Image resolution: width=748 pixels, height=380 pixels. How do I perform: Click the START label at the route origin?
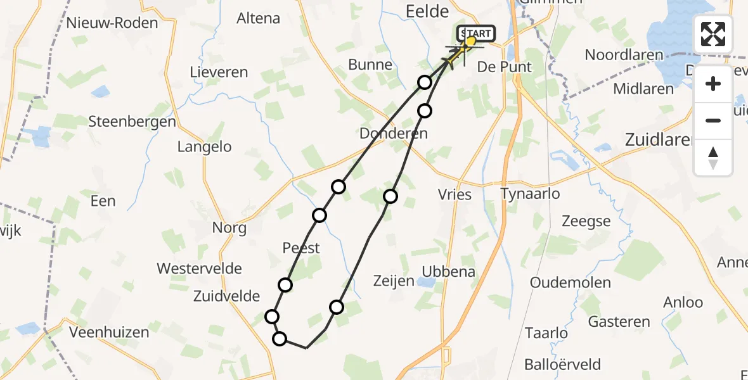coord(476,33)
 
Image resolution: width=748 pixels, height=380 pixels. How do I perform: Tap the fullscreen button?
coord(713,34)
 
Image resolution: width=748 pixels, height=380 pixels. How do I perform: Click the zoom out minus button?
coord(713,120)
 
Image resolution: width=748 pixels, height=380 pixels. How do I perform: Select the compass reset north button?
coord(713,158)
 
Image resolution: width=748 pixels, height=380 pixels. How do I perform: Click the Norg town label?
coord(229,228)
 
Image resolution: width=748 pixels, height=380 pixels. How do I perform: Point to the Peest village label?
coord(301,248)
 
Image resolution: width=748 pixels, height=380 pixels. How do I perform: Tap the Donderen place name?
coord(393,134)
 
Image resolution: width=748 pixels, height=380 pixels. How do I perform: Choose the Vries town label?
coord(455,194)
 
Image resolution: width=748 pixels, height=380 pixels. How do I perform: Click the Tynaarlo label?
coord(530,193)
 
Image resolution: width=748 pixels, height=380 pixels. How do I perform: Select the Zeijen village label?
coord(394,281)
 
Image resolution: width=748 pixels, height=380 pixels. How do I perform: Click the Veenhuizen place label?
coord(109,332)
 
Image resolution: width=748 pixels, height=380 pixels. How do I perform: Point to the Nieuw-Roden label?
coord(112,23)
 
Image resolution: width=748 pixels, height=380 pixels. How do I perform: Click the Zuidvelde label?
coord(227,296)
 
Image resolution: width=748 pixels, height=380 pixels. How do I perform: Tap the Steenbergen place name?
coord(132,122)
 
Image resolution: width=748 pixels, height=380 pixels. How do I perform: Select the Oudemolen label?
coord(571,282)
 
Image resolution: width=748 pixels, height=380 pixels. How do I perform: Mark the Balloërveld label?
coord(563,365)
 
